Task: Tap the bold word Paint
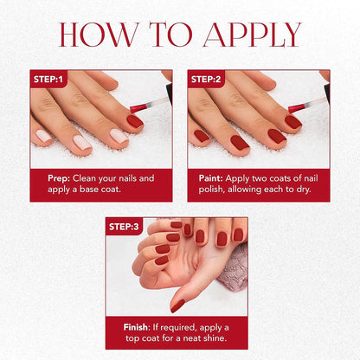click(210, 178)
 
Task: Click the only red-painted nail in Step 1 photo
click(134, 121)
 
